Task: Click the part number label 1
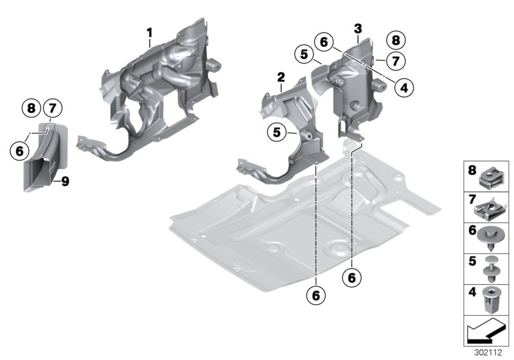pyautogui.click(x=150, y=32)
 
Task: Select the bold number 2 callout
pyautogui.click(x=281, y=78)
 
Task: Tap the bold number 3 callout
pyautogui.click(x=358, y=28)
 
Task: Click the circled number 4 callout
pyautogui.click(x=402, y=87)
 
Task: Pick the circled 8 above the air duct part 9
pyautogui.click(x=30, y=107)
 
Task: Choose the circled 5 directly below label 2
pyautogui.click(x=277, y=132)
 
